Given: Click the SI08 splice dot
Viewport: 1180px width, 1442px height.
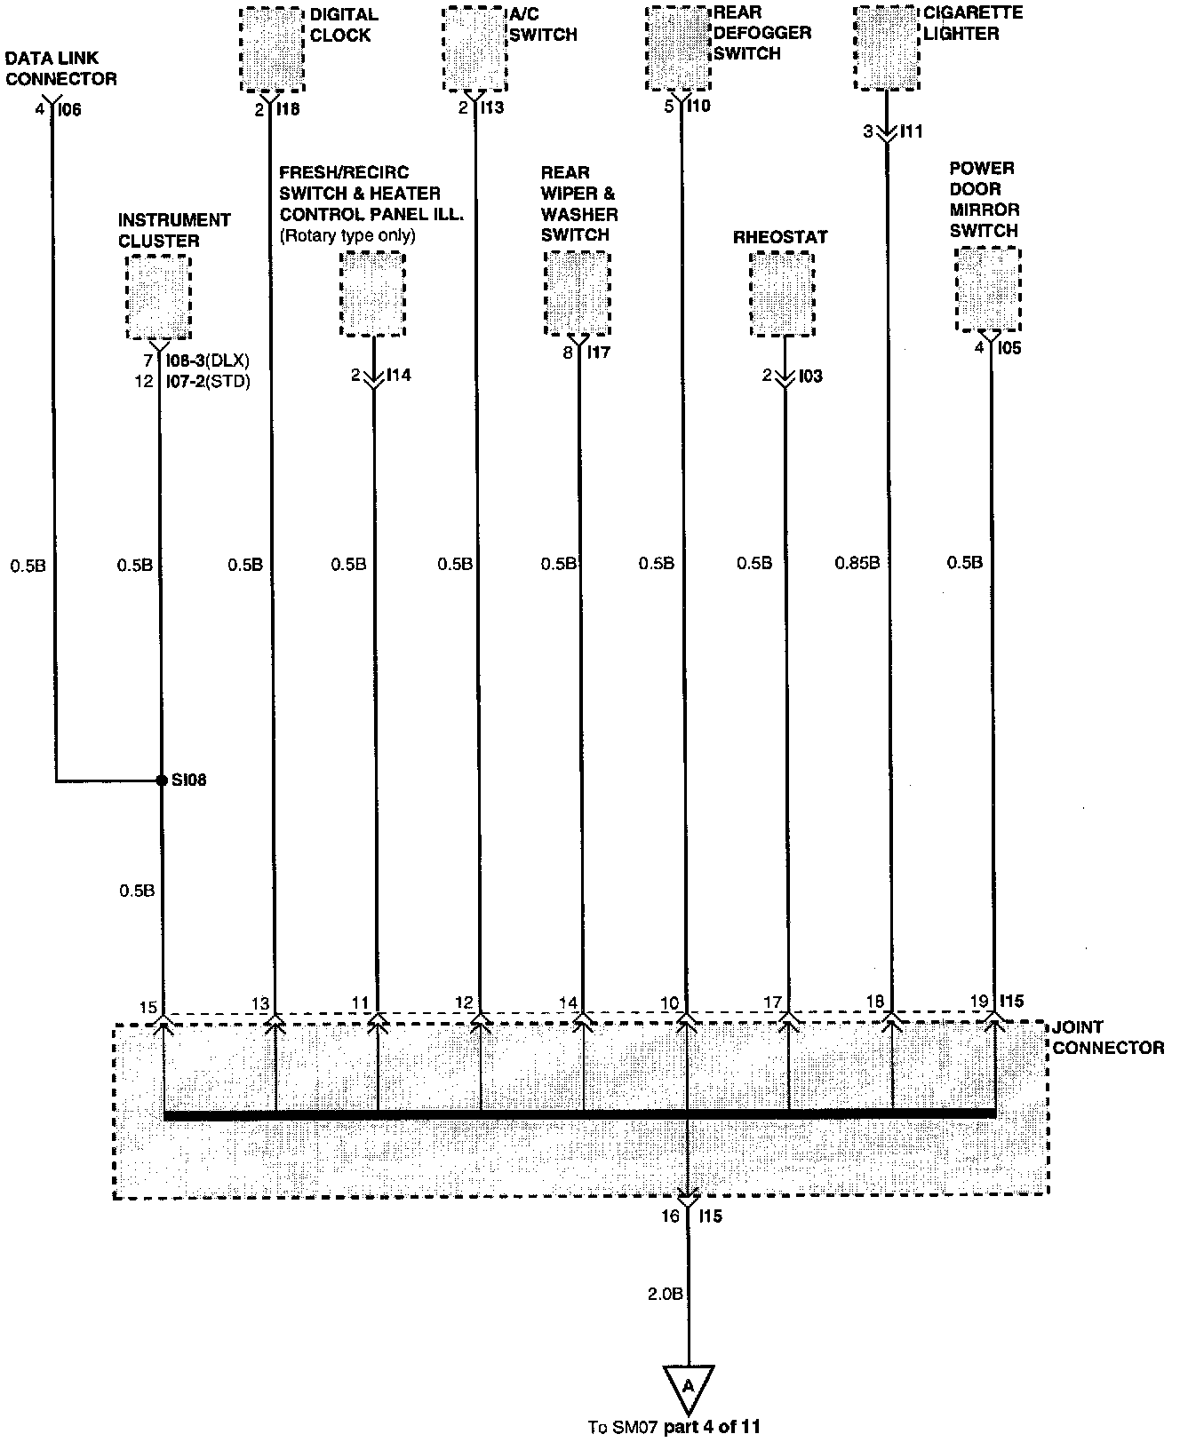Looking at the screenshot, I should (161, 780).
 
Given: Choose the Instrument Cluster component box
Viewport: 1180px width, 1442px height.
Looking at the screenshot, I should (159, 297).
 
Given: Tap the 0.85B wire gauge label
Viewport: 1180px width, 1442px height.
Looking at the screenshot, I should (857, 563).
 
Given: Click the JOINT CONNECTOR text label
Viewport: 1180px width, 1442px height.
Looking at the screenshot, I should (1107, 1039).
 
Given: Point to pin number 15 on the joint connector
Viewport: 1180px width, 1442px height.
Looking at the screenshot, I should (148, 1007).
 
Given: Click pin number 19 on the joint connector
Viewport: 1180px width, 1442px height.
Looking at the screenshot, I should (979, 1002).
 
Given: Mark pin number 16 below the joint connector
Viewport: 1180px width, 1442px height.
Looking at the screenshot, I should (669, 1216).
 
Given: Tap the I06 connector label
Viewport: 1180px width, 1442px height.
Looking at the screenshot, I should (69, 110).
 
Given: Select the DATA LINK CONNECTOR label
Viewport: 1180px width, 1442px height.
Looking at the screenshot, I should (61, 68).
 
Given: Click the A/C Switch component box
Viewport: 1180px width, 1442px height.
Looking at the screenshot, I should (475, 48).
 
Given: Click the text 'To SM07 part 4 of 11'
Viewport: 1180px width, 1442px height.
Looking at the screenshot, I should (674, 1428).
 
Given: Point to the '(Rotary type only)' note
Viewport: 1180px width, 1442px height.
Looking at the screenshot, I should (347, 236).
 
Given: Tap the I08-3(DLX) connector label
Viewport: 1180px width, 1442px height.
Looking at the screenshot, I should (208, 361).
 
